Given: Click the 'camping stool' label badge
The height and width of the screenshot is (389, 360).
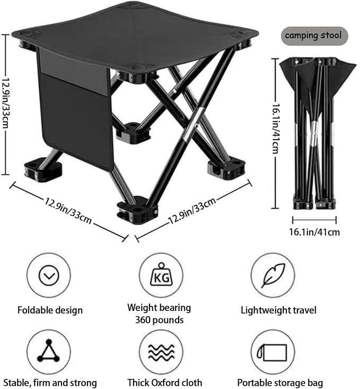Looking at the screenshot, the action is pyautogui.click(x=314, y=36).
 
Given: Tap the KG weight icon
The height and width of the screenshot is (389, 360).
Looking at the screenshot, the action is pyautogui.click(x=161, y=275).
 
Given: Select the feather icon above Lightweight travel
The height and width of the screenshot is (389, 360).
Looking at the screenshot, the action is pyautogui.click(x=273, y=275).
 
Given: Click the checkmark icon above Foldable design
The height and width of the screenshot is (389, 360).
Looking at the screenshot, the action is pyautogui.click(x=49, y=275).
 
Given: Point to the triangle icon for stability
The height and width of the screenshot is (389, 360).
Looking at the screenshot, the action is pyautogui.click(x=49, y=351).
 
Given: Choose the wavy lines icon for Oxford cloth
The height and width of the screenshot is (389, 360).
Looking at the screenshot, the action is pyautogui.click(x=161, y=352).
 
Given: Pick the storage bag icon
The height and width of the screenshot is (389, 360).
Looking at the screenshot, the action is pyautogui.click(x=272, y=352).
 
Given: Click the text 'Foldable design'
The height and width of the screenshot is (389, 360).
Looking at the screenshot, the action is pyautogui.click(x=50, y=310).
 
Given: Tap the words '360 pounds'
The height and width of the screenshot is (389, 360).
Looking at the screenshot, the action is pyautogui.click(x=160, y=320).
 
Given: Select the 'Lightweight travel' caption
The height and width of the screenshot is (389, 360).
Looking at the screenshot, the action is pyautogui.click(x=278, y=310).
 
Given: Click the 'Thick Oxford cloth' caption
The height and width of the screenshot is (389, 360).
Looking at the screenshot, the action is pyautogui.click(x=165, y=382).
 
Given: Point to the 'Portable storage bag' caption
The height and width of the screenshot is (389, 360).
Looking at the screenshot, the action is pyautogui.click(x=280, y=383).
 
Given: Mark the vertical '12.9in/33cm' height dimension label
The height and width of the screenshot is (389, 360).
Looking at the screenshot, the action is pyautogui.click(x=5, y=103).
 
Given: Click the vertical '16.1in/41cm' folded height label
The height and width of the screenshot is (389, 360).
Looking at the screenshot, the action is pyautogui.click(x=276, y=128).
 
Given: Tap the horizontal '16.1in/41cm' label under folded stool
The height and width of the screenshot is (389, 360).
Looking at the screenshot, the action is pyautogui.click(x=314, y=232).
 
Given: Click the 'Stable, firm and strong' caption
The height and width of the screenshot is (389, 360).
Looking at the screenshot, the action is pyautogui.click(x=50, y=383).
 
